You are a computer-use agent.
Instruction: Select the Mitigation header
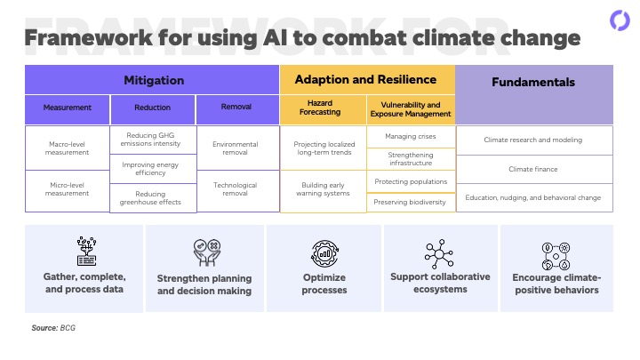[x=154, y=80]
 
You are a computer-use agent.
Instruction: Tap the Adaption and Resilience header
[x=365, y=80]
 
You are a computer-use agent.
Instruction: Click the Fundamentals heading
[x=533, y=82]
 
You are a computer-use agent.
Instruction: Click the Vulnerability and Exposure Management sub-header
[x=411, y=109]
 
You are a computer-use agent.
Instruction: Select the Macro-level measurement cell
[x=68, y=148]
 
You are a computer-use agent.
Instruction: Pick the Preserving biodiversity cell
[x=411, y=203]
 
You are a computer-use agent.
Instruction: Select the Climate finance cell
[x=534, y=170]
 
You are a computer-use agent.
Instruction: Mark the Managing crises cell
[x=411, y=137]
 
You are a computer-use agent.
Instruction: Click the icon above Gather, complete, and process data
[x=86, y=251]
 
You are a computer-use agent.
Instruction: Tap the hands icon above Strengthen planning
[x=207, y=252]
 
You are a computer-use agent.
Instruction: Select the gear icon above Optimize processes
[x=325, y=253]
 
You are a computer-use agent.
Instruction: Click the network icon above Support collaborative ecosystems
[x=439, y=254]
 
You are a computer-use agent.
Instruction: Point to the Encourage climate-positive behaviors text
[x=556, y=284]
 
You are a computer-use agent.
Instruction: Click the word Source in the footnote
[x=44, y=328]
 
